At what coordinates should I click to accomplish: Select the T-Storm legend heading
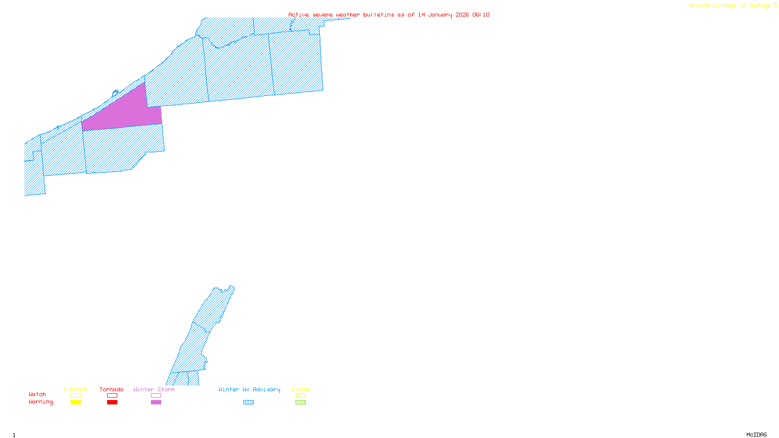(75, 389)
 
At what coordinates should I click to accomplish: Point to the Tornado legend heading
(111, 389)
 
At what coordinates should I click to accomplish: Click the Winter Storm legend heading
(154, 389)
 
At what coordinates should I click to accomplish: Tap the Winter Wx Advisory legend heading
(249, 389)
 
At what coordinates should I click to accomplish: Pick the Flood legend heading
(300, 389)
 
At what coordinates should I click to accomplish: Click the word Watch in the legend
(37, 394)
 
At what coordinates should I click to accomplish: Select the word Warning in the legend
(41, 402)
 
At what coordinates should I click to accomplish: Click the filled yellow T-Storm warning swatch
(75, 402)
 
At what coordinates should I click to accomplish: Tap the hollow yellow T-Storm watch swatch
(75, 396)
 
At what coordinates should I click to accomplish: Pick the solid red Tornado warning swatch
(112, 402)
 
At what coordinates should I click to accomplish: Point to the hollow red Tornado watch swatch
(112, 396)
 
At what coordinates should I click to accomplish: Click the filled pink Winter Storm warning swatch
(156, 402)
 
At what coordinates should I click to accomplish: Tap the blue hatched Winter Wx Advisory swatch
(248, 402)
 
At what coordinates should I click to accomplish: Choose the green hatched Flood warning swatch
(300, 402)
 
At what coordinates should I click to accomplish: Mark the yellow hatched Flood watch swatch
(300, 396)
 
